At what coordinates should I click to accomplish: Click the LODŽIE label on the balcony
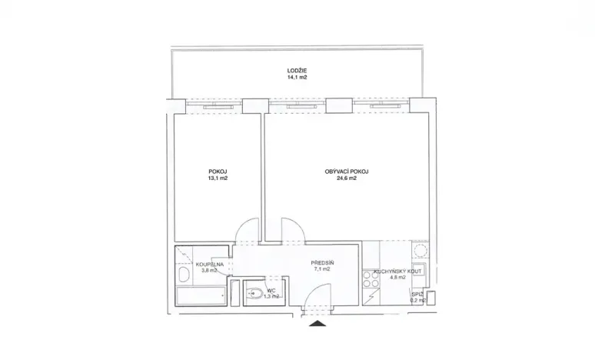(297, 70)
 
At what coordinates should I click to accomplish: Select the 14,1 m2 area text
(297, 77)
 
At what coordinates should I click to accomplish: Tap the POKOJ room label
(218, 171)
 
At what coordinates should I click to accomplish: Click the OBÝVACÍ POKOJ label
(347, 171)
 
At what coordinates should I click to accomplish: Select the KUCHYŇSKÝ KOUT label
(397, 272)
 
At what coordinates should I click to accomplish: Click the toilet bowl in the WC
(254, 293)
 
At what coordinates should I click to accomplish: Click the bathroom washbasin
(183, 275)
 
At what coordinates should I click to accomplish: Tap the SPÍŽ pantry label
(417, 294)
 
